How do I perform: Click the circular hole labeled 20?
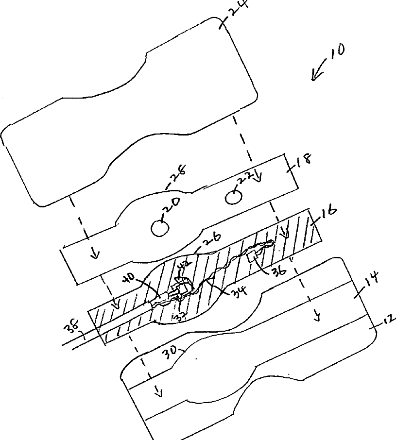pos(159,228)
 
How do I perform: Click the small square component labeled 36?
pos(253,256)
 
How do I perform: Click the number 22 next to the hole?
pos(244,181)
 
